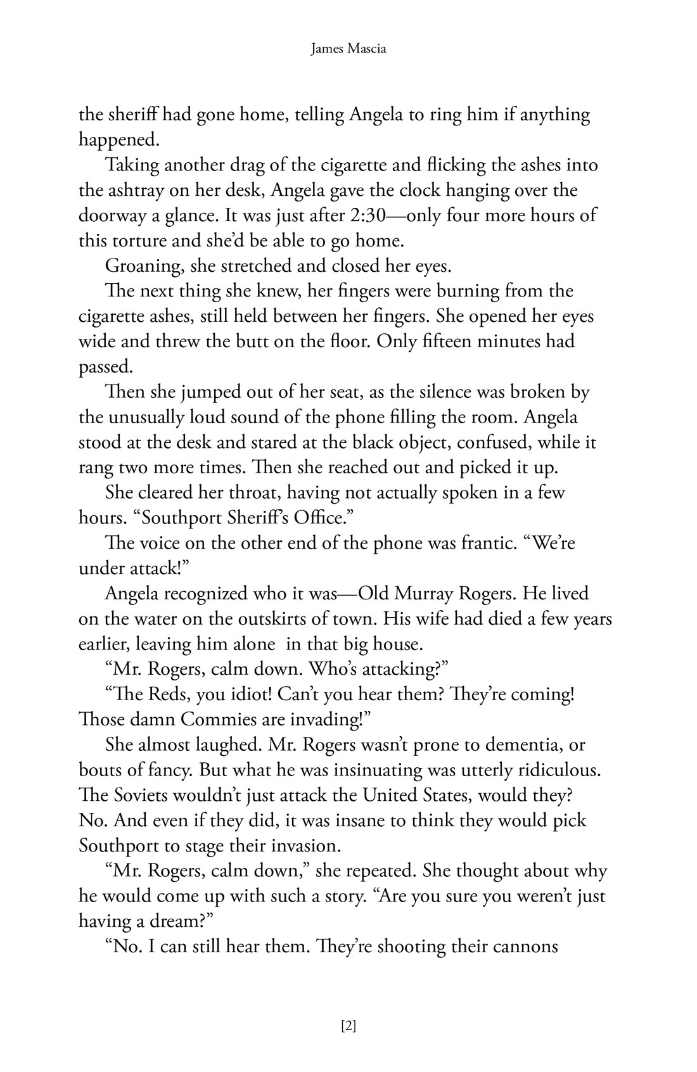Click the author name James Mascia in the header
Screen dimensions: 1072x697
coord(348,48)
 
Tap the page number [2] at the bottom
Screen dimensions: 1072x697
coord(348,1026)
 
